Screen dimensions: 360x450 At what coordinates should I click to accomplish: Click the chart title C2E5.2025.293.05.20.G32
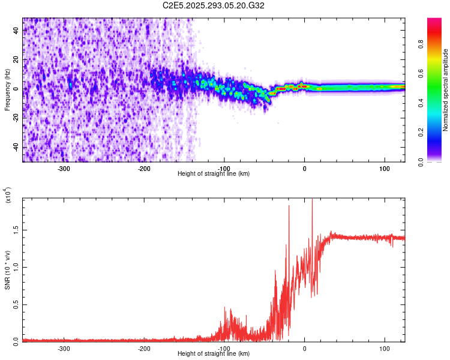tap(214, 5)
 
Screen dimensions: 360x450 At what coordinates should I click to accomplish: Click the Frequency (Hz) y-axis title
tap(7, 90)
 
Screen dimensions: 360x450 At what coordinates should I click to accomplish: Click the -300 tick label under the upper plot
tap(64, 169)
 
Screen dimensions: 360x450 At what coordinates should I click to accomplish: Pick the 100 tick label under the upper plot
tap(384, 169)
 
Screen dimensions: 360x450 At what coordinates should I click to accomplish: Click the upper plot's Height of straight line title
tap(214, 174)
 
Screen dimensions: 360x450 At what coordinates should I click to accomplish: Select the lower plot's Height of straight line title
tap(214, 354)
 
